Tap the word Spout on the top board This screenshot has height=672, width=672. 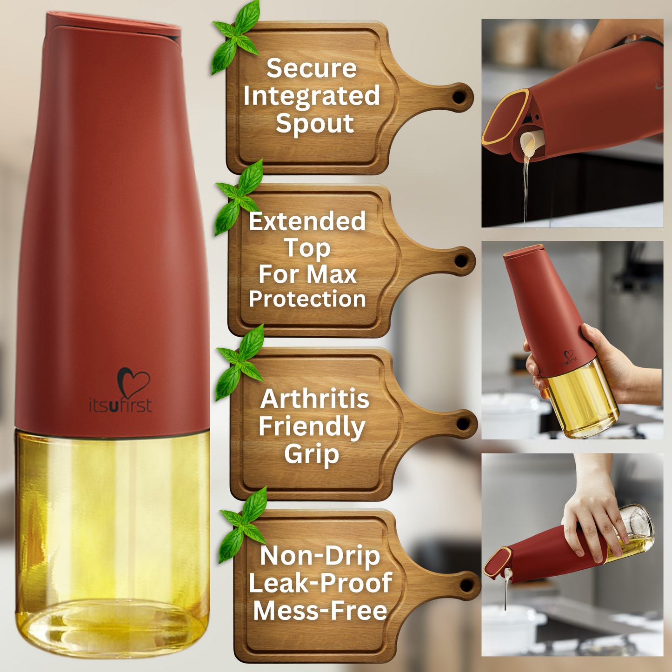click(x=315, y=124)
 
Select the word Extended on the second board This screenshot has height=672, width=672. click(x=307, y=221)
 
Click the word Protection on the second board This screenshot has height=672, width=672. click(x=307, y=299)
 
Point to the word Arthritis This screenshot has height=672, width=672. click(x=314, y=399)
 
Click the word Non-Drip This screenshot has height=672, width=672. click(x=320, y=556)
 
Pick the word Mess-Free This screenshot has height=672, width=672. click(x=320, y=611)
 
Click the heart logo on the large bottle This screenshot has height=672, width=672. click(x=133, y=382)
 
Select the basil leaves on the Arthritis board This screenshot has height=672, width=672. click(x=240, y=363)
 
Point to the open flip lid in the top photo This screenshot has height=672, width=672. click(x=505, y=121)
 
